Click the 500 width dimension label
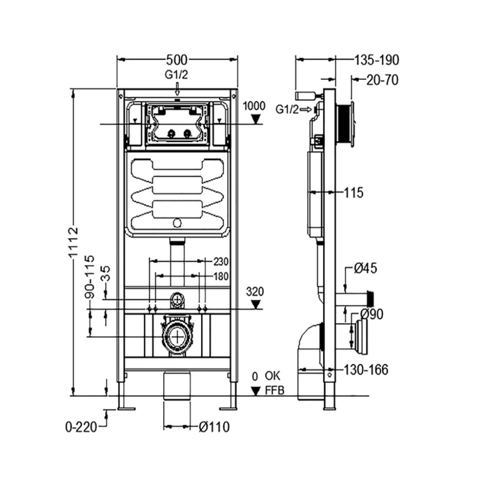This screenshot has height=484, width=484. [x=177, y=60]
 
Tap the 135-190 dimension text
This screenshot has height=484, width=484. [x=376, y=60]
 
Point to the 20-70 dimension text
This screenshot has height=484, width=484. [x=382, y=80]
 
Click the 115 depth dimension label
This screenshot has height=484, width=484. [x=354, y=193]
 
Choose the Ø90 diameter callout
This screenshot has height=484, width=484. [x=371, y=314]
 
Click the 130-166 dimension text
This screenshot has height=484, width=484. [x=365, y=370]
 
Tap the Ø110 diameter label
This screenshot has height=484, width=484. [x=214, y=427]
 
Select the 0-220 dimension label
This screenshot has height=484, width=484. [x=81, y=427]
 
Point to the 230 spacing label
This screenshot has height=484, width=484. [x=221, y=261]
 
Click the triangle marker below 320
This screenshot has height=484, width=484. [x=256, y=304]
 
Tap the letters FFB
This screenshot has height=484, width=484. [x=275, y=391]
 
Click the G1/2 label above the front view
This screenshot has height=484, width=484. [x=176, y=74]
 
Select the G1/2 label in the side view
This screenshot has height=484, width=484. [x=287, y=110]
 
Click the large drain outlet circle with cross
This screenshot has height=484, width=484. [x=177, y=337]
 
